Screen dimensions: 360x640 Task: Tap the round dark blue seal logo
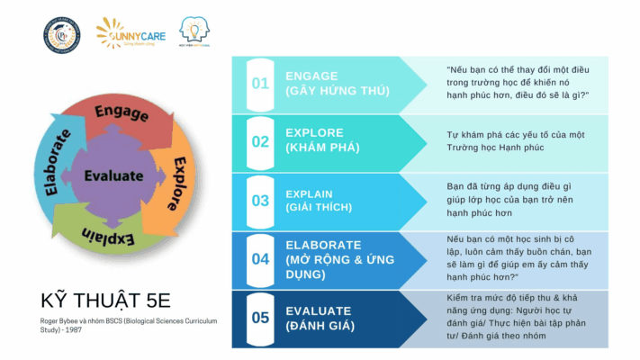60,35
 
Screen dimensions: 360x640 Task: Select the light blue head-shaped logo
195,33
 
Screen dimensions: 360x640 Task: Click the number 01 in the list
260,84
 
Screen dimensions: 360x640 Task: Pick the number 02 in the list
260,141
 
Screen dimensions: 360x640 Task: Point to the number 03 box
260,201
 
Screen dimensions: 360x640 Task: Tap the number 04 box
260,259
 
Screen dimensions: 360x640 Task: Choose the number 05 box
260,317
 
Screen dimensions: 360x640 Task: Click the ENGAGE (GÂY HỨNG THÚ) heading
337,84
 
